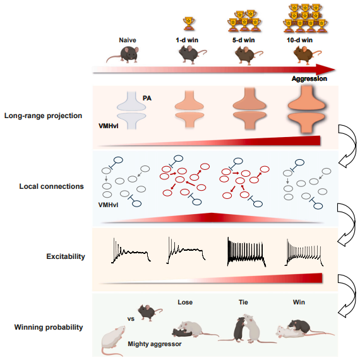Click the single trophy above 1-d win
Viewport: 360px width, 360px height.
[x=188, y=23]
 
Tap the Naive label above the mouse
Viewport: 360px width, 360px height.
[x=128, y=40]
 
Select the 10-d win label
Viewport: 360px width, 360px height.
[x=299, y=40]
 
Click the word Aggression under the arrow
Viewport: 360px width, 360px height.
[x=309, y=78]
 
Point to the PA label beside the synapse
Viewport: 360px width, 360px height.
[x=147, y=98]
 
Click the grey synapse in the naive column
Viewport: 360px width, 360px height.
[x=131, y=110]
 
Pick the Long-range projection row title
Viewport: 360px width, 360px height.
[x=43, y=116]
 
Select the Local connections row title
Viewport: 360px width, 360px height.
[x=51, y=186]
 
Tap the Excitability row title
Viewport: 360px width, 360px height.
[x=66, y=256]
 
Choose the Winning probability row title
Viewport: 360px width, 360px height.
[x=49, y=327]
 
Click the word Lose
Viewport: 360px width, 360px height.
[x=185, y=302]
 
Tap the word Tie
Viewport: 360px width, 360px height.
[x=243, y=302]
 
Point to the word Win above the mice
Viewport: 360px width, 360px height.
[x=299, y=302]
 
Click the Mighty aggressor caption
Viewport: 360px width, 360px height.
[x=155, y=344]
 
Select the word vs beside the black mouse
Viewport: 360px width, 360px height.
[x=131, y=319]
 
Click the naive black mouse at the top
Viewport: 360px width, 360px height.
[x=123, y=54]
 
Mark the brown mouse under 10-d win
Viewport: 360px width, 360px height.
[x=307, y=54]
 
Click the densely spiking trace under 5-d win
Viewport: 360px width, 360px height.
[x=246, y=252]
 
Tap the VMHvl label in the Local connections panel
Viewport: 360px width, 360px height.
[x=108, y=205]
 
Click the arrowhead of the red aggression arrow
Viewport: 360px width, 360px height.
[x=325, y=69]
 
